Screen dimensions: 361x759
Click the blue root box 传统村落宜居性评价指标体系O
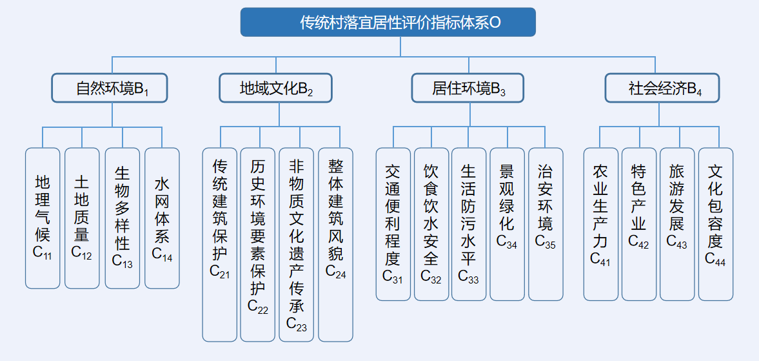click(388, 23)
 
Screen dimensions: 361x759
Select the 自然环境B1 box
click(110, 88)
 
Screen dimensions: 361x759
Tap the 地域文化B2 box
click(276, 88)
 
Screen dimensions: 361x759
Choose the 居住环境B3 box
click(468, 88)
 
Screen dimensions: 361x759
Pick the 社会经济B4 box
click(662, 88)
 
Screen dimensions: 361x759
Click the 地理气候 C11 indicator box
click(43, 218)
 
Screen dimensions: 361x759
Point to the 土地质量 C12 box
click(82, 218)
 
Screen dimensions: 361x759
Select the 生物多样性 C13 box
click(122, 218)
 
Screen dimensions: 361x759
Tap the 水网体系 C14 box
click(162, 218)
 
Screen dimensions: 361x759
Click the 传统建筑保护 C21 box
click(220, 244)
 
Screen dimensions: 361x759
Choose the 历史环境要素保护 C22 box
click(258, 244)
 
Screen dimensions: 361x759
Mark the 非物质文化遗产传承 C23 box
click(297, 244)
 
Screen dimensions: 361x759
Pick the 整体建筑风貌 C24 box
click(335, 244)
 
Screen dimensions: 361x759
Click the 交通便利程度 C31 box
click(393, 224)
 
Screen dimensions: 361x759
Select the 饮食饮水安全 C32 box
click(431, 224)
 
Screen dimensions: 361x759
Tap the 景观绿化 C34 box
click(507, 224)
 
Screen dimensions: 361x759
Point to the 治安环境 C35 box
click(546, 224)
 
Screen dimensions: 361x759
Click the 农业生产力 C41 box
click(600, 224)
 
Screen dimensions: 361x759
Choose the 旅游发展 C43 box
click(677, 224)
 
